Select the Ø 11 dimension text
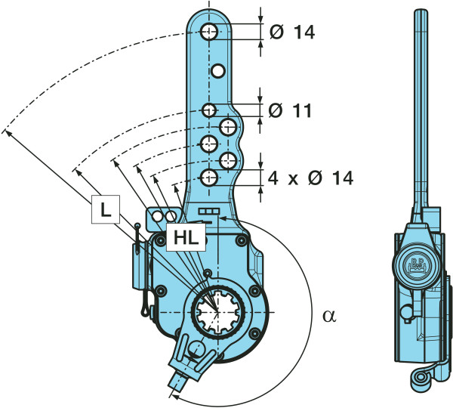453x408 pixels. tap(291, 111)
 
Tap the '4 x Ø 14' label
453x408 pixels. tap(310, 178)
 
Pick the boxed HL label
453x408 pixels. tap(183, 237)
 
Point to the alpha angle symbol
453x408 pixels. tap(326, 316)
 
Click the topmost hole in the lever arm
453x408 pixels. tap(210, 32)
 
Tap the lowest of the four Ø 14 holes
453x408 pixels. tap(209, 178)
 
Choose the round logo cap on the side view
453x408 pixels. tap(418, 264)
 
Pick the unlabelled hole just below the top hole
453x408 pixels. tap(217, 71)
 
